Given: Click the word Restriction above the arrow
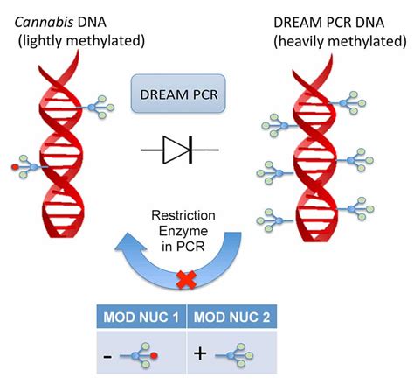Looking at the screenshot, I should (x=207, y=216).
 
